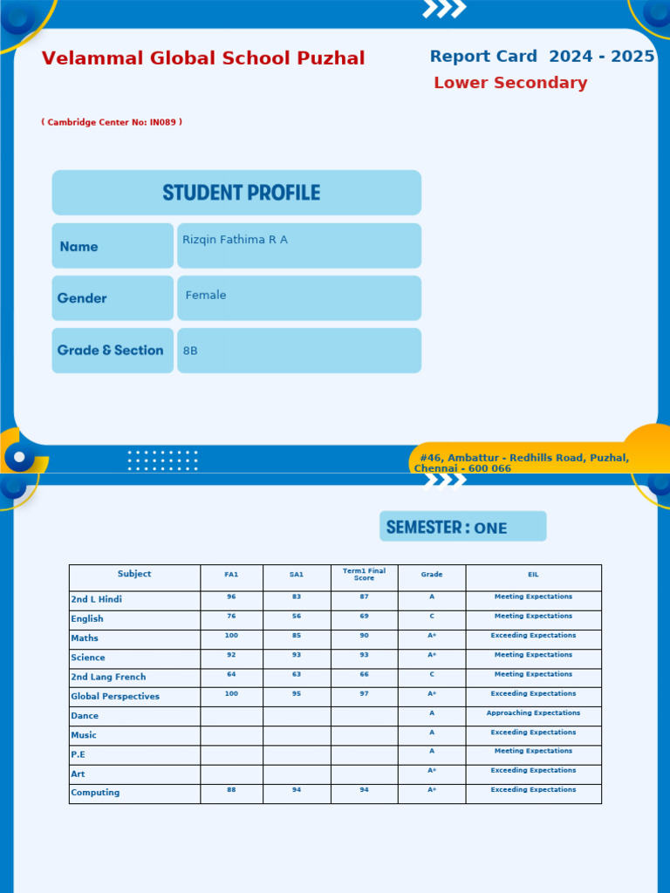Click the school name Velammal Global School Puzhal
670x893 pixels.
point(203,58)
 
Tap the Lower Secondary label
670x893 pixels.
point(510,83)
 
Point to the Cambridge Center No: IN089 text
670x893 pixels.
point(112,122)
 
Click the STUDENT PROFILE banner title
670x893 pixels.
point(241,193)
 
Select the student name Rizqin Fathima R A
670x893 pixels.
point(235,240)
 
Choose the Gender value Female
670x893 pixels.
point(206,296)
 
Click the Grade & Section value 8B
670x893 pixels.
point(190,351)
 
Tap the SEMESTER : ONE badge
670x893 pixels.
point(462,527)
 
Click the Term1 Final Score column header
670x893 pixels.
point(364,575)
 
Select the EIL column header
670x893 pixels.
point(533,575)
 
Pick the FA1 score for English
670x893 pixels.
point(231,617)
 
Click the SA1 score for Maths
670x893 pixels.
point(297,636)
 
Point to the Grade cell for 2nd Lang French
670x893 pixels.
point(432,674)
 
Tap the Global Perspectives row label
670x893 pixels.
point(115,697)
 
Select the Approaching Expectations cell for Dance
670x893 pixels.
point(533,713)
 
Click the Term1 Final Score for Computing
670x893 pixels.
point(364,790)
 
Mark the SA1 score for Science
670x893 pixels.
point(297,655)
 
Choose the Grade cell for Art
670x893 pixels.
point(432,771)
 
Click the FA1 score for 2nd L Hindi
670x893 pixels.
point(231,597)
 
